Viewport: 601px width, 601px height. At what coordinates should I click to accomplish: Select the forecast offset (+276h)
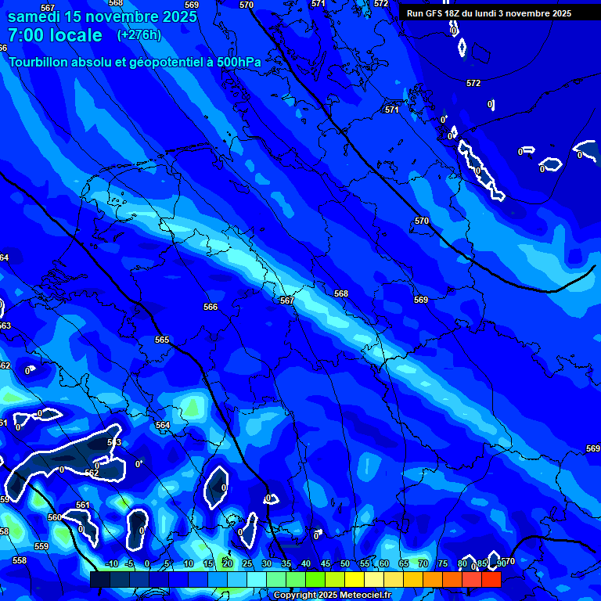click(x=139, y=34)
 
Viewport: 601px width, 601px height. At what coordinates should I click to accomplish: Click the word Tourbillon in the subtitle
click(x=39, y=62)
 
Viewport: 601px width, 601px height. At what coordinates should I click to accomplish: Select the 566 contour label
click(x=211, y=308)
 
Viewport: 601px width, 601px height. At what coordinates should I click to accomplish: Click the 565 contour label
click(x=162, y=340)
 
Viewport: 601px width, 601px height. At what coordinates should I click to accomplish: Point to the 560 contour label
click(x=54, y=517)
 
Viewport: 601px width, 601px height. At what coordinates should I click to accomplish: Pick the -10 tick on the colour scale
click(x=110, y=563)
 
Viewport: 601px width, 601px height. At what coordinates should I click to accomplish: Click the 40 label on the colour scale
click(x=305, y=563)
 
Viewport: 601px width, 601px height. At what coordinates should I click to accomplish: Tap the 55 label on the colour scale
click(x=364, y=563)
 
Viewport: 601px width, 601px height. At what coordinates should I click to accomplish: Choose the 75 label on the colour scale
click(x=442, y=563)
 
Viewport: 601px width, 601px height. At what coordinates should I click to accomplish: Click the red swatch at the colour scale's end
click(x=491, y=579)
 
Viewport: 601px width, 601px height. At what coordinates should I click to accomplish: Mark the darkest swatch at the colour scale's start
click(x=99, y=579)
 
